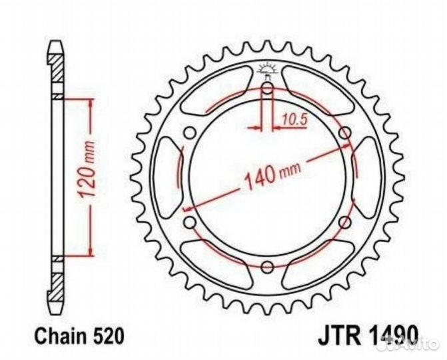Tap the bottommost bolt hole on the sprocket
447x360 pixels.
tap(267, 267)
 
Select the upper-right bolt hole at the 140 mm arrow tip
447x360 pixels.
tap(344, 134)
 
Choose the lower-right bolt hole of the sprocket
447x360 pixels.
tap(344, 222)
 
